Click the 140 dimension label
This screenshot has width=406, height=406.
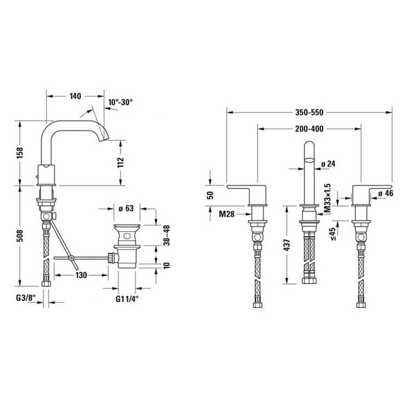(x=74, y=96)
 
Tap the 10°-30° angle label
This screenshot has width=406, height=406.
(x=120, y=102)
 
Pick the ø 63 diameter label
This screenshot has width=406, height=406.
(x=126, y=208)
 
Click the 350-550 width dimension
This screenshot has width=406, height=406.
(x=309, y=113)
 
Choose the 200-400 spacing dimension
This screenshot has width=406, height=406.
(x=309, y=128)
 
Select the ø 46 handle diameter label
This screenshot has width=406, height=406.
(x=385, y=193)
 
